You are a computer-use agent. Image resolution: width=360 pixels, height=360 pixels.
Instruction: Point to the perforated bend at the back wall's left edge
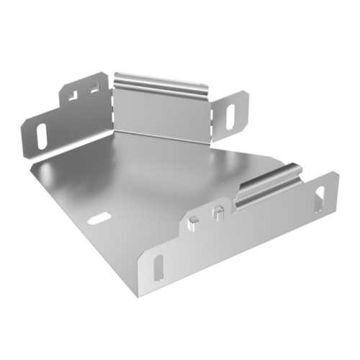coord(114,108)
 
